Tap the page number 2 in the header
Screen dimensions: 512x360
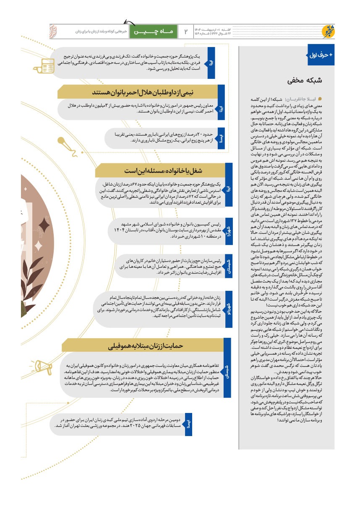[x=186, y=31]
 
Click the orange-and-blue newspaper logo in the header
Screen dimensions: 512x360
[x=326, y=31]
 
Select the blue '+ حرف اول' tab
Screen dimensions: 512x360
[x=321, y=55]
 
